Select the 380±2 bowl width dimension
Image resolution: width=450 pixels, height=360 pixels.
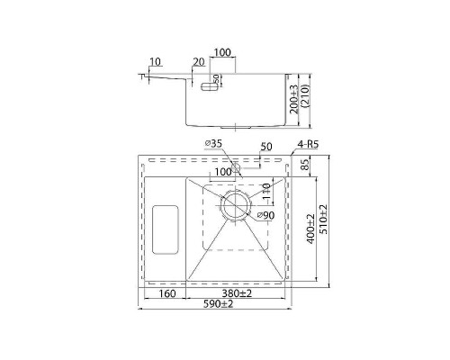tap(237, 293)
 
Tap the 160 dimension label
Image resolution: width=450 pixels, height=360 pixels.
tap(166, 293)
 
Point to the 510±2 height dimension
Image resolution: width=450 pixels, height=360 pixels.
tap(324, 220)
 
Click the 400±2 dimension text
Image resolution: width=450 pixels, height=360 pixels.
tap(311, 229)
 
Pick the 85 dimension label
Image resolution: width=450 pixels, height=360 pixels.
tap(305, 165)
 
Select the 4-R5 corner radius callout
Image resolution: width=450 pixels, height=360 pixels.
tap(308, 145)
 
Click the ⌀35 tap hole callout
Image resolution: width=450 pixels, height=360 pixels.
tap(213, 144)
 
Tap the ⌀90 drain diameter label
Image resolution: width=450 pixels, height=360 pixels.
tap(265, 215)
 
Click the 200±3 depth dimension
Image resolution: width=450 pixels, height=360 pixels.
tap(294, 99)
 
